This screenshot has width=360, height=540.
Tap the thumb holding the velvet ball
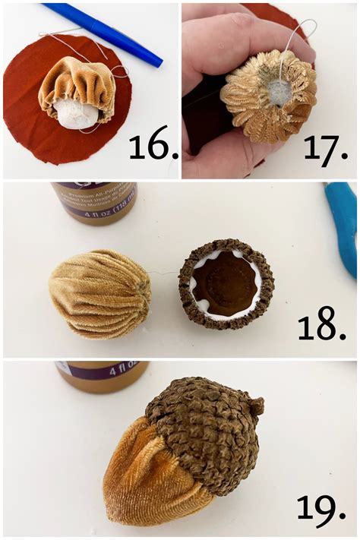click(x=220, y=46)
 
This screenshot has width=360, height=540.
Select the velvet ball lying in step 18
click(x=99, y=294)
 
